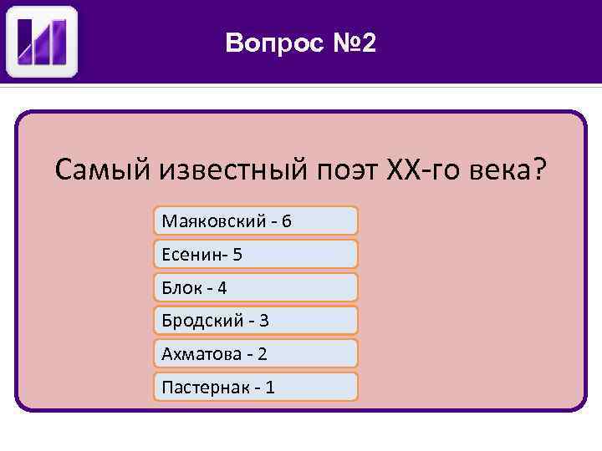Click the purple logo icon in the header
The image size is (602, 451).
point(42,41)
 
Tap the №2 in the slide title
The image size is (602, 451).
point(353,43)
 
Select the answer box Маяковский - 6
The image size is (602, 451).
point(256,220)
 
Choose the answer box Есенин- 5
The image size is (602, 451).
point(256,254)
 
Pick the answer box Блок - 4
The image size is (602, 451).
point(256,287)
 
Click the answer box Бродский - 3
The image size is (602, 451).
point(256,320)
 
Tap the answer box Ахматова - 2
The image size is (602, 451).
point(256,353)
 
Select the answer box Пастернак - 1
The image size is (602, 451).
point(256,387)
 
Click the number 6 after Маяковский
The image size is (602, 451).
point(287,221)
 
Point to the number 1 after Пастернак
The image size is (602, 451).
point(269,388)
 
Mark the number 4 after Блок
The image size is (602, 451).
point(222,288)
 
